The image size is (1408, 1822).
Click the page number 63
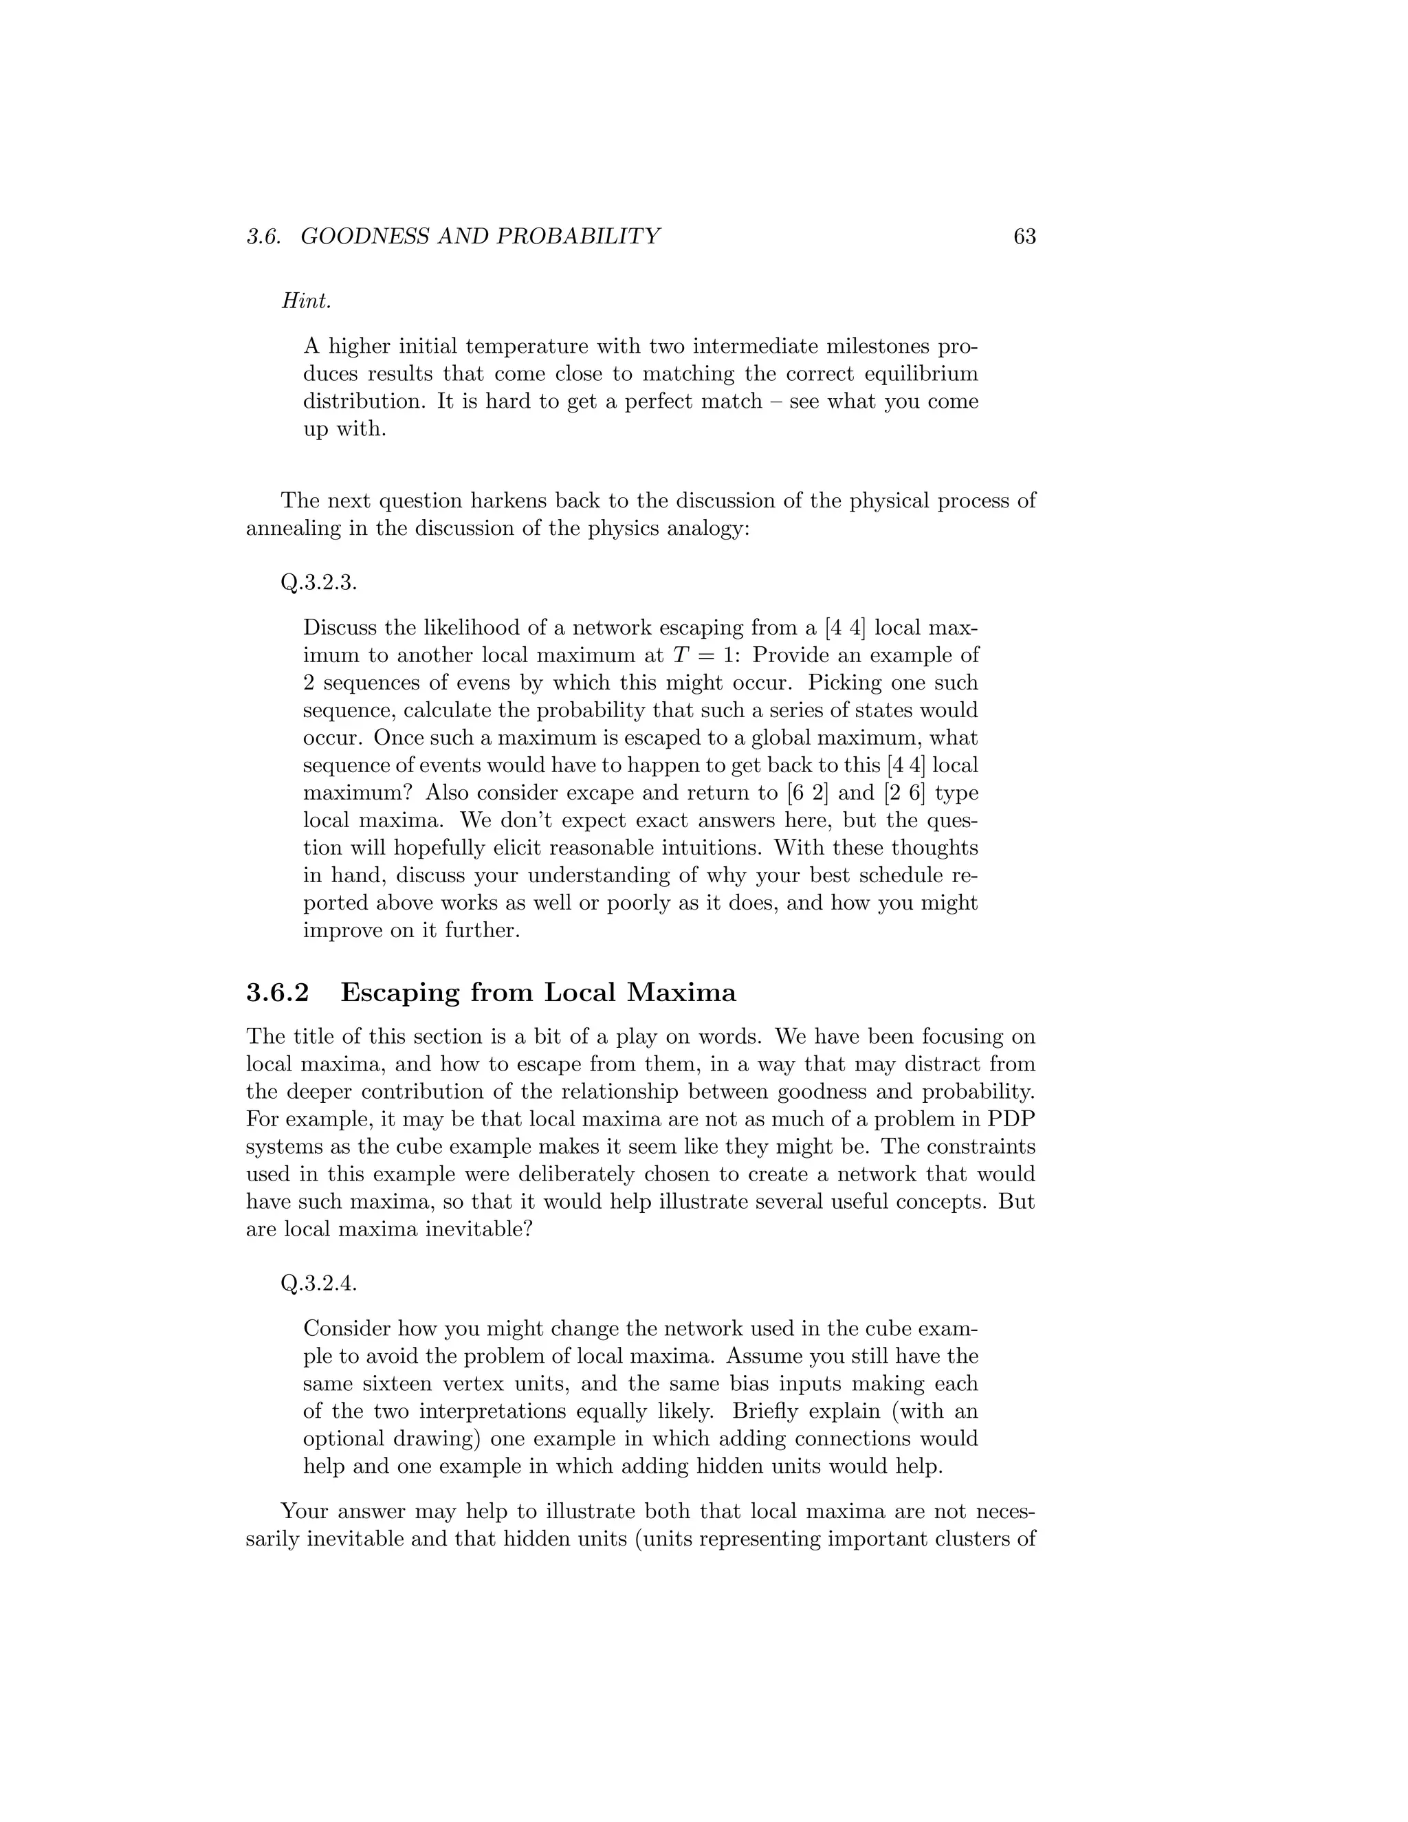(1024, 237)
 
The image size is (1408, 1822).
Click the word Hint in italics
(306, 301)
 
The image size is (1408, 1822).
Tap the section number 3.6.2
(278, 993)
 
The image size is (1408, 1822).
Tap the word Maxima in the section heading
(681, 993)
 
